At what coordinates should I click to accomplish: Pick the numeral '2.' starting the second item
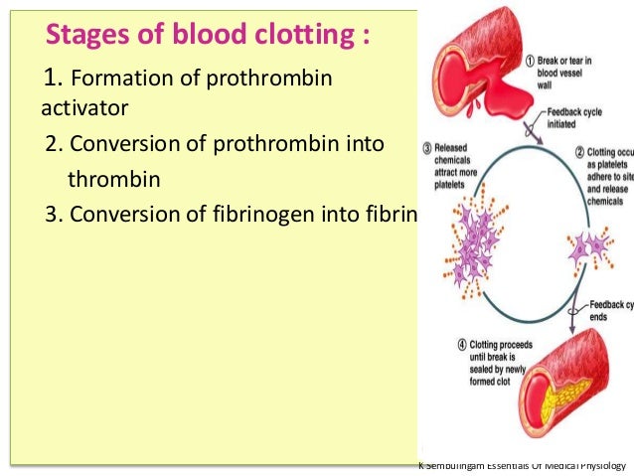[55, 144]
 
